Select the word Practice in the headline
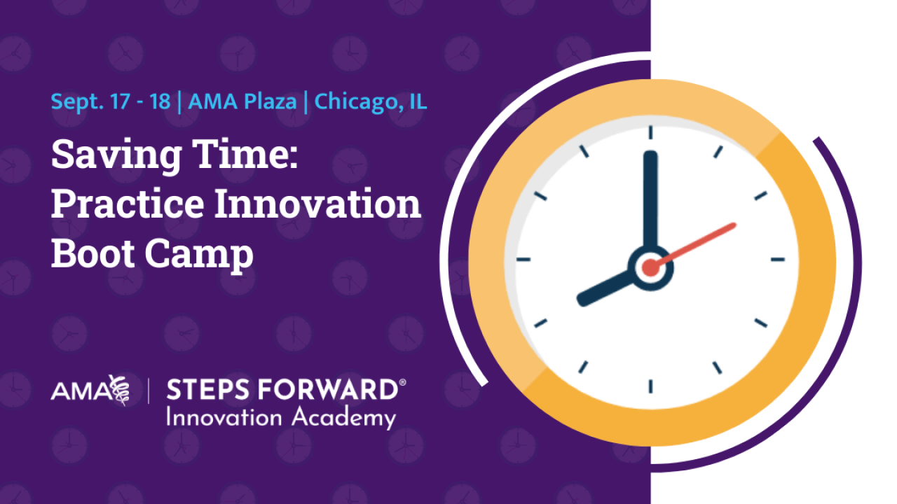[x=128, y=203]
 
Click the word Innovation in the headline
[x=318, y=203]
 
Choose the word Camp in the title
[x=199, y=256]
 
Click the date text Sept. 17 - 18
[x=111, y=102]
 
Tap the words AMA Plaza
[x=242, y=101]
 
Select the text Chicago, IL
[x=371, y=102]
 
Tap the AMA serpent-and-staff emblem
[x=119, y=390]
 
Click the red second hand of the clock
[x=694, y=245]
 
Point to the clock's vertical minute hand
[x=650, y=201]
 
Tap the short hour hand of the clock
[x=605, y=288]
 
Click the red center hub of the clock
[x=651, y=267]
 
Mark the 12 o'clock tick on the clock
[x=651, y=132]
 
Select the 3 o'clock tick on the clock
[x=778, y=260]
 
